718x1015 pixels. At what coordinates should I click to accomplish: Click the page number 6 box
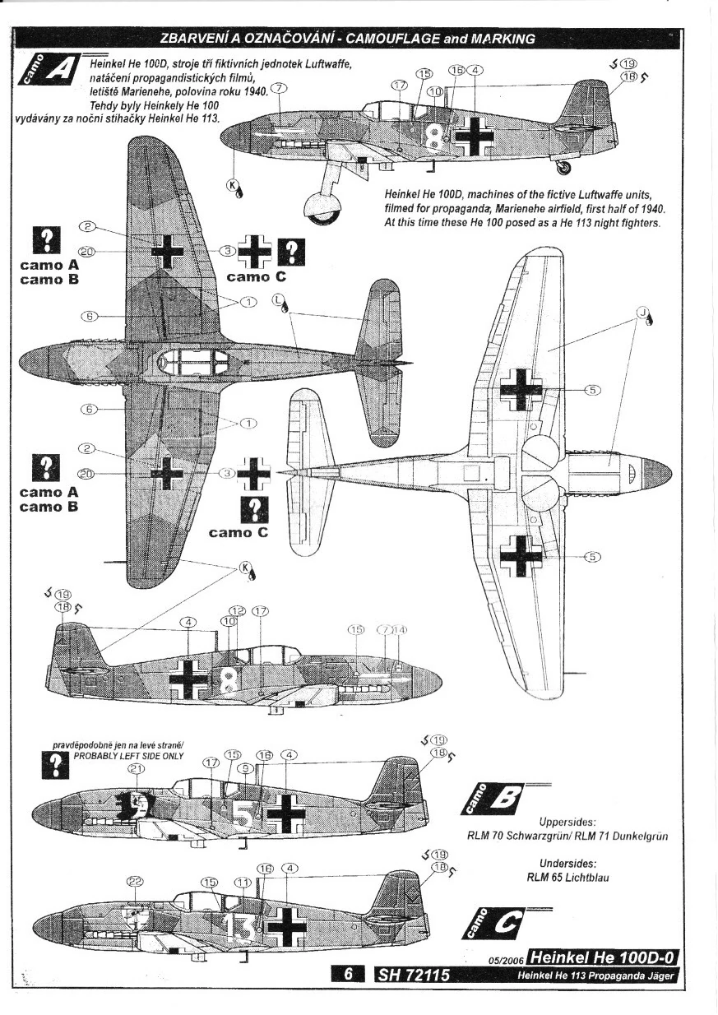[x=349, y=975]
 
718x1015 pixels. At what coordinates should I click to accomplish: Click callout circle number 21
[x=137, y=768]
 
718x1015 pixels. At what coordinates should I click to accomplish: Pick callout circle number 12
[x=238, y=611]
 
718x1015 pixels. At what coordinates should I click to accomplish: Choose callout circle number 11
[x=242, y=883]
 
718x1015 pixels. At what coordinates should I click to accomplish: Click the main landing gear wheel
[x=321, y=206]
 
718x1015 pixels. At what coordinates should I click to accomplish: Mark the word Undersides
[x=567, y=863]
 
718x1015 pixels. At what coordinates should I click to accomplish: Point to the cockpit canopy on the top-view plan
[x=194, y=362]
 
